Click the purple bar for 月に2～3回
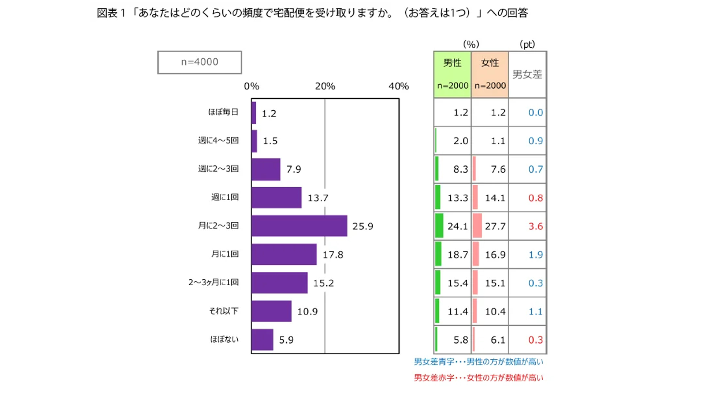click(x=299, y=226)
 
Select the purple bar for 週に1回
click(x=276, y=198)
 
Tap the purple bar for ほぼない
click(x=262, y=340)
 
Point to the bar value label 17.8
click(x=333, y=254)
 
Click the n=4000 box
click(x=200, y=62)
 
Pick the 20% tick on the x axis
click(x=325, y=87)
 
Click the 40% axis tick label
click(x=398, y=87)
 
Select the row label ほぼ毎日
click(x=223, y=112)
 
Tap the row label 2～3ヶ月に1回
click(x=213, y=282)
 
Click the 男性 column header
click(x=453, y=63)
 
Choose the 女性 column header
click(x=490, y=63)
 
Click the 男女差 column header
click(x=527, y=75)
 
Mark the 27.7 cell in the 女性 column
click(x=495, y=226)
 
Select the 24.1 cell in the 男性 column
click(x=458, y=226)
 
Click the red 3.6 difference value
click(x=535, y=226)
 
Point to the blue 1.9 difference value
click(x=535, y=255)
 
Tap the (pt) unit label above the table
click(x=527, y=44)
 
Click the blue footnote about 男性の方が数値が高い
click(x=479, y=362)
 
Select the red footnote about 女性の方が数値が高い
click(x=479, y=378)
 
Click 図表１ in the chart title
click(x=111, y=13)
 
